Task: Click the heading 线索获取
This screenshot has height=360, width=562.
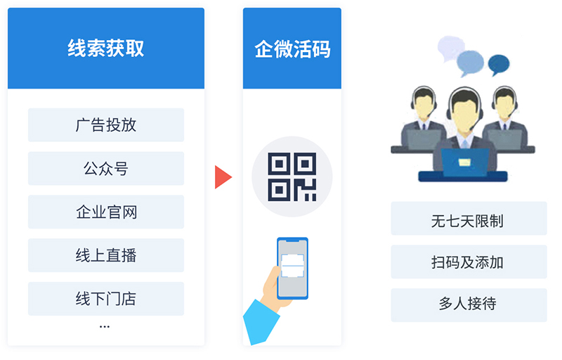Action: tap(106, 49)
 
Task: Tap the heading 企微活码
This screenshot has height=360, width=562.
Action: tap(292, 49)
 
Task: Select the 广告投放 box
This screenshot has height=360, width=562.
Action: tap(106, 124)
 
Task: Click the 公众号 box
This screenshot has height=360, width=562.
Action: tap(106, 168)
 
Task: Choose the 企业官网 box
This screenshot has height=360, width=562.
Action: tap(106, 212)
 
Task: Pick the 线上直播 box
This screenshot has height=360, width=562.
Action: tap(106, 255)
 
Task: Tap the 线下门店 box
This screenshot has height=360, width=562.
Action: tap(106, 298)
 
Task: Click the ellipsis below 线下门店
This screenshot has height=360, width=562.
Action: tap(105, 327)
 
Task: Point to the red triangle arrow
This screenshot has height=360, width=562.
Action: tap(223, 176)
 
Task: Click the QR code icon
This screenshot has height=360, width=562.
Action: tap(292, 176)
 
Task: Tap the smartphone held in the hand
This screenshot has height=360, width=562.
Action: tap(292, 268)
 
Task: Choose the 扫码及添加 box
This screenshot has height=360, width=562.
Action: tap(469, 262)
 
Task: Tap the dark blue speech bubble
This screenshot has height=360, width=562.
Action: tap(499, 65)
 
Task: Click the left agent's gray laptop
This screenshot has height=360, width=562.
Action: tap(425, 139)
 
